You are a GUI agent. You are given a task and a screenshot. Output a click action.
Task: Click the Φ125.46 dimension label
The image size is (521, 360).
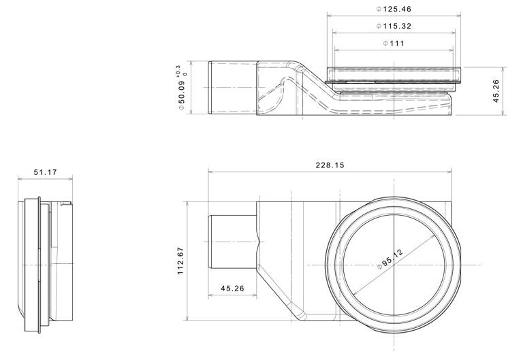[394, 9]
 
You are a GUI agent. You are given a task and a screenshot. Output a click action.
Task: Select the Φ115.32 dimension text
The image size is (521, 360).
[394, 26]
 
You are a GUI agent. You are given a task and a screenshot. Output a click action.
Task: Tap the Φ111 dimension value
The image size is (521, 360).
[394, 43]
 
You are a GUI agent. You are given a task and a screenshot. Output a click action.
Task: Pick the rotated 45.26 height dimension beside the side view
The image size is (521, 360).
[496, 91]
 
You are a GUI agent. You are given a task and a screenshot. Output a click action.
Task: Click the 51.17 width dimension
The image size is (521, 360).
[45, 172]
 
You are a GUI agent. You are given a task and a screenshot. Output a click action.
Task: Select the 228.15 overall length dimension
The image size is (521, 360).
[330, 165]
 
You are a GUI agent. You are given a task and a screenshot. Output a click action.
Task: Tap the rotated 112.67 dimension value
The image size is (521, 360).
[180, 261]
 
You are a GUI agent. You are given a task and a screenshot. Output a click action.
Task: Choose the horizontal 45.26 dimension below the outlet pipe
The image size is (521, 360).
[233, 289]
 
